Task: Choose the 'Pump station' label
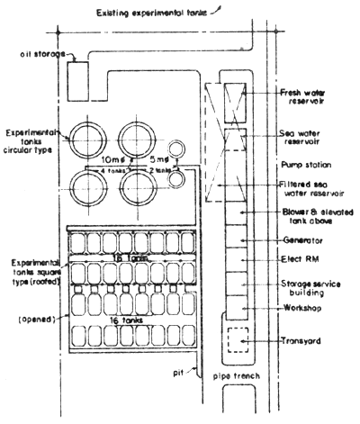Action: [305, 166]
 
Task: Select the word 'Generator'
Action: [303, 241]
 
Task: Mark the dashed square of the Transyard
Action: [237, 341]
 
